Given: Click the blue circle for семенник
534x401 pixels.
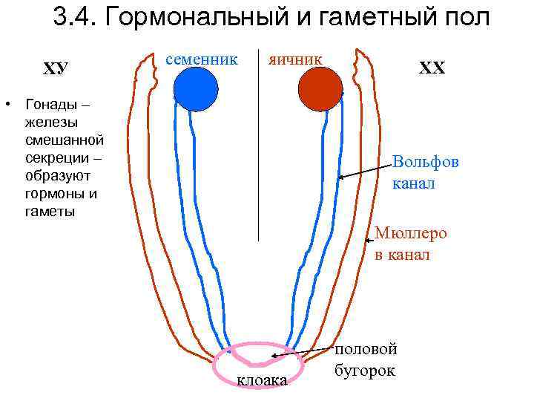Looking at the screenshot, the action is [x=196, y=89].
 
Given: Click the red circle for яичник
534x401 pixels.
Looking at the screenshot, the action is [x=320, y=89].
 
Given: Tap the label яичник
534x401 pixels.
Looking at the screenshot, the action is [x=295, y=58].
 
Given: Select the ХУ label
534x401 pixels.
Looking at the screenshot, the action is [x=55, y=69].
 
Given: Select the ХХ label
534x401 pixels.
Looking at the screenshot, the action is [x=432, y=68].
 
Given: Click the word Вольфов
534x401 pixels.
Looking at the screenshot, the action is [x=426, y=162].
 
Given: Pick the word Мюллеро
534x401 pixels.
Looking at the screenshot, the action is [x=411, y=233].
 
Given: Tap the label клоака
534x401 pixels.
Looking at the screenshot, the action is [x=261, y=381].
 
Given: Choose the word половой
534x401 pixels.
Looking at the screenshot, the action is [x=366, y=349].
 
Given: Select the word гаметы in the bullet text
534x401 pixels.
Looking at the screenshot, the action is [x=49, y=212].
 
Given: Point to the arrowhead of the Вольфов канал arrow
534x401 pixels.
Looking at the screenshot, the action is [x=340, y=177].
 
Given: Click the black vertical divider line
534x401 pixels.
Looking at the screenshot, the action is [x=258, y=149].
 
